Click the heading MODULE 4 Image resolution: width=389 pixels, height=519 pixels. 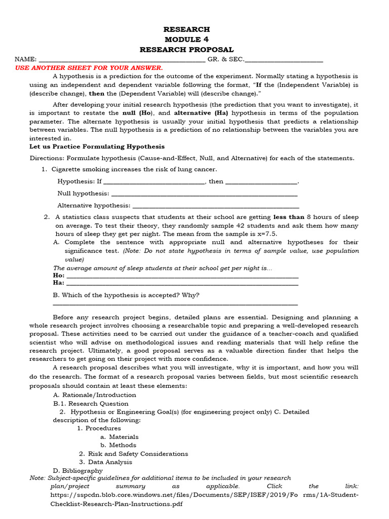click(x=186, y=40)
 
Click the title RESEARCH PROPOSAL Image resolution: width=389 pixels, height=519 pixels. click(x=186, y=50)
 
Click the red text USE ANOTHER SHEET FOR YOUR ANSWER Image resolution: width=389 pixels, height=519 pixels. click(x=89, y=67)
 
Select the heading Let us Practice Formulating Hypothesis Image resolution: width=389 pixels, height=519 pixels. click(x=97, y=146)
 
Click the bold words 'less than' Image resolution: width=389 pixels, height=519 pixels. click(x=289, y=217)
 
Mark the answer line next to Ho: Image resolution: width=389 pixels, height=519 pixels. click(x=182, y=276)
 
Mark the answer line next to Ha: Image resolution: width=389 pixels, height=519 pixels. click(x=182, y=284)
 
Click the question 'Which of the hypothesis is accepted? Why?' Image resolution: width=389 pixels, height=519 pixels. click(x=126, y=295)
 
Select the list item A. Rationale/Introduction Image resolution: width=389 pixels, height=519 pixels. click(x=95, y=395)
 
